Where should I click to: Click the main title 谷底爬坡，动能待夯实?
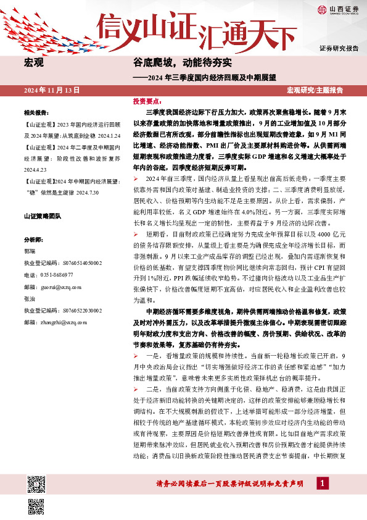click(x=183, y=63)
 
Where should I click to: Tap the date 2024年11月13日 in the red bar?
click(x=52, y=90)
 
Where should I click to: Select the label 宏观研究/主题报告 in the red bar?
click(x=315, y=90)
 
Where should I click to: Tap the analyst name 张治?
click(x=29, y=298)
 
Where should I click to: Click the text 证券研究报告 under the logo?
click(x=339, y=48)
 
